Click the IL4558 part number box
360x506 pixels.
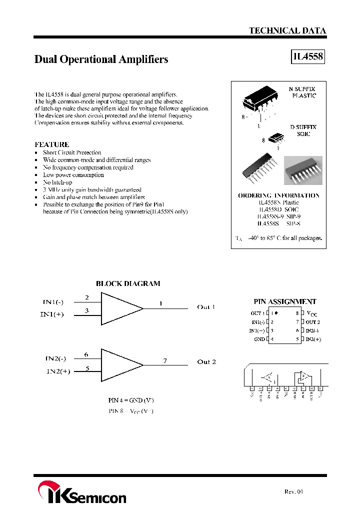pyautogui.click(x=307, y=57)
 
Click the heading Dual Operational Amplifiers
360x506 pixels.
pyautogui.click(x=101, y=59)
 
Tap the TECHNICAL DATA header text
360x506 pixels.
pyautogui.click(x=287, y=30)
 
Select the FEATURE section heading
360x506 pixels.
pyautogui.click(x=52, y=144)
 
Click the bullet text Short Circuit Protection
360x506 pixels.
pyautogui.click(x=72, y=152)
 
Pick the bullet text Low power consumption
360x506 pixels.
pyautogui.click(x=73, y=175)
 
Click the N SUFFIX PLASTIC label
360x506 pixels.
pyautogui.click(x=302, y=91)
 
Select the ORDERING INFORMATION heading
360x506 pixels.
pyautogui.click(x=278, y=195)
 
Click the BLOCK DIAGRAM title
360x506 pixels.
pyautogui.click(x=128, y=283)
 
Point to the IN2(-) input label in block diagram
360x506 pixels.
pyautogui.click(x=55, y=358)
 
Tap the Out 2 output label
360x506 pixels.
pyautogui.click(x=206, y=361)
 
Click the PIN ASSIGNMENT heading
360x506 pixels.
pyautogui.click(x=285, y=301)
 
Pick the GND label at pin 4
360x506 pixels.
pyautogui.click(x=259, y=339)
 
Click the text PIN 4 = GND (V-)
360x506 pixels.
pyautogui.click(x=131, y=400)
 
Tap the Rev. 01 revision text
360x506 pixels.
pyautogui.click(x=293, y=491)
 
